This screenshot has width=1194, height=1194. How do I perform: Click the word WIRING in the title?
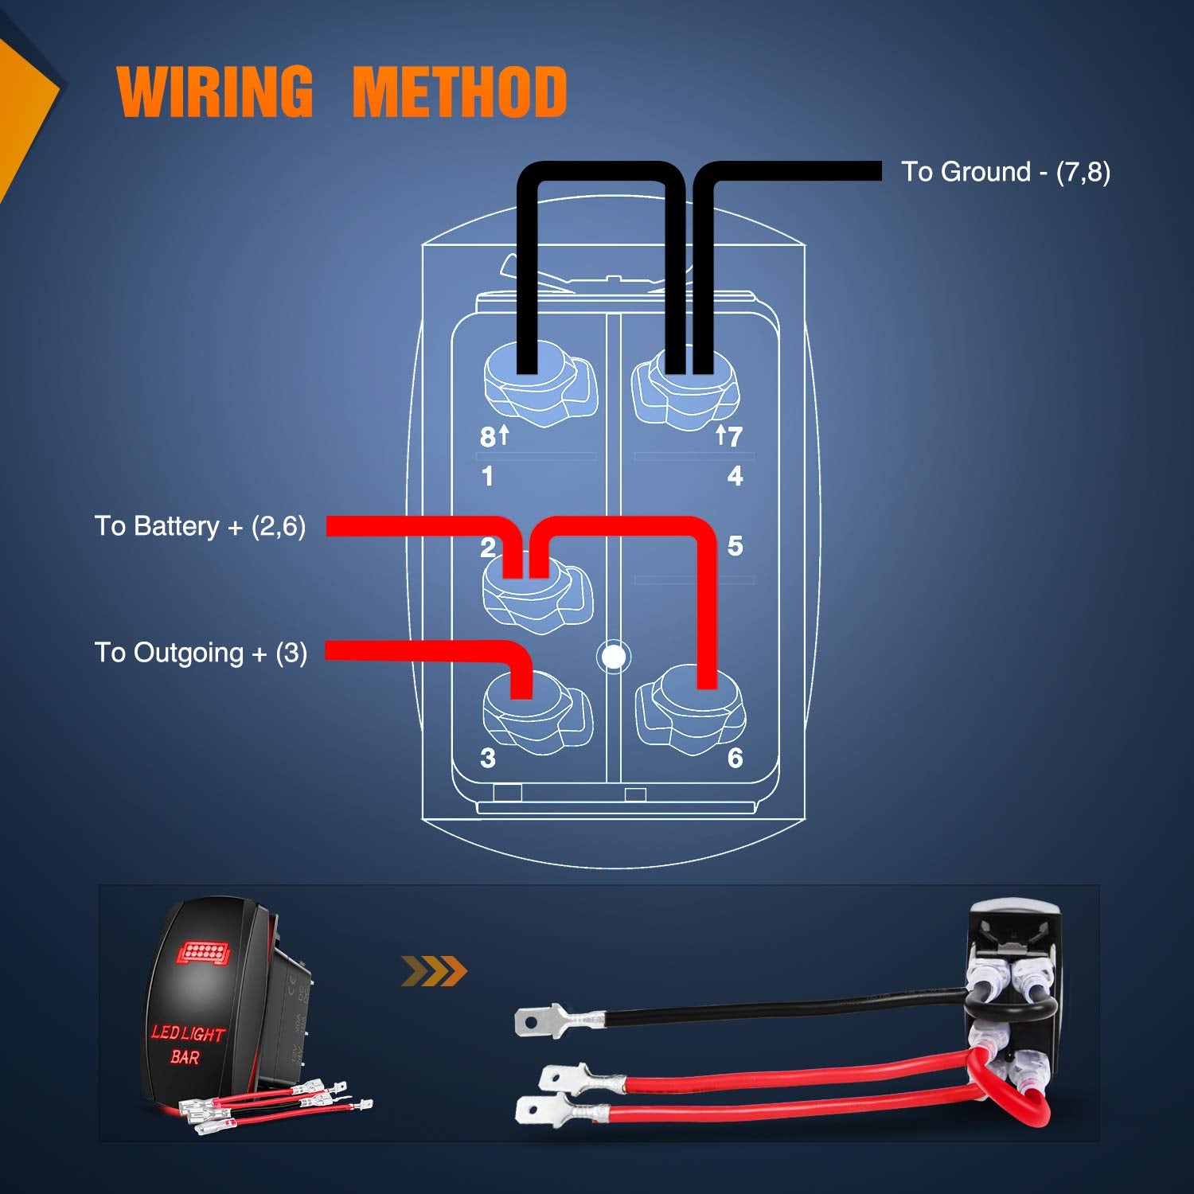[x=215, y=92]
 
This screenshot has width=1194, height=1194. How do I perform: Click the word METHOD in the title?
[x=459, y=92]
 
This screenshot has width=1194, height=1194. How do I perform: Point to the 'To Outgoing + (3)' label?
[x=201, y=653]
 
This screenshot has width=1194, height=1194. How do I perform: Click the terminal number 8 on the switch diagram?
[x=488, y=436]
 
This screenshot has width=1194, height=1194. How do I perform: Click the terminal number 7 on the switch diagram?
[x=734, y=436]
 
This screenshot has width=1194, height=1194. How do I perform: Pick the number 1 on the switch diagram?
[x=487, y=476]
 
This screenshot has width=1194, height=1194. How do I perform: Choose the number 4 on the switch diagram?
[x=735, y=476]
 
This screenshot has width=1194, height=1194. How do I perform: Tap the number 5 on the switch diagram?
[x=735, y=546]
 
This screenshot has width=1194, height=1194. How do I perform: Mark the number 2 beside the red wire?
[x=488, y=548]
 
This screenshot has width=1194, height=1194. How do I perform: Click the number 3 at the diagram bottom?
[x=488, y=758]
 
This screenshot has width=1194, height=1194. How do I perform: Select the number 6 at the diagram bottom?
[x=735, y=758]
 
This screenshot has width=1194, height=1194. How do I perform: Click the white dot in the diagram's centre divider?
[x=613, y=657]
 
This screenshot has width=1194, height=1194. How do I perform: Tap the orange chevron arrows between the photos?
[x=434, y=971]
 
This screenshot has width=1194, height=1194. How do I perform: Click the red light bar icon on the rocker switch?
[x=202, y=952]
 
